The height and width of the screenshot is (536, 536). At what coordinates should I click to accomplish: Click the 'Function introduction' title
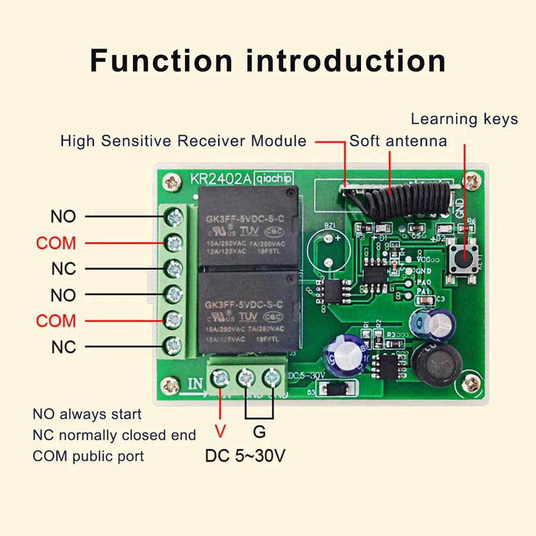point(268,61)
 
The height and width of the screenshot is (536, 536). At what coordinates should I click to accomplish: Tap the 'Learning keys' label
point(464,119)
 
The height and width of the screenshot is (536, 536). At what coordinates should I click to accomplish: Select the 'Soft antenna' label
point(398,141)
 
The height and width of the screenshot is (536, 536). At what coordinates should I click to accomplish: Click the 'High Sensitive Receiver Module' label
point(183,141)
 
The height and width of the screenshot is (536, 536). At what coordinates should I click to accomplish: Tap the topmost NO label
point(63,217)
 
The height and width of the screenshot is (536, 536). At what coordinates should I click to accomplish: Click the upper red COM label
point(56,243)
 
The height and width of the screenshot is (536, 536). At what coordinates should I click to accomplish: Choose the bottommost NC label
point(64,347)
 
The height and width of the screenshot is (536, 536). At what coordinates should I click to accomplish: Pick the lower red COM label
point(56,321)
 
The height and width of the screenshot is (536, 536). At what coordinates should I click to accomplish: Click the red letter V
point(221,432)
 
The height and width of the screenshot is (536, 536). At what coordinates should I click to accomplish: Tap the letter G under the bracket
point(259,432)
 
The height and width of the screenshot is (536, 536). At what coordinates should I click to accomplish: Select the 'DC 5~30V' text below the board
point(245,456)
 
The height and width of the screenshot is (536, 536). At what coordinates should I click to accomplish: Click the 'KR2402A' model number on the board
point(221,179)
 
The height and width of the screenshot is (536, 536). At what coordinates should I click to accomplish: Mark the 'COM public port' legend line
point(88,456)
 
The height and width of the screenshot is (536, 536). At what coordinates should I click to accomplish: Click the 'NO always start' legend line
point(87,414)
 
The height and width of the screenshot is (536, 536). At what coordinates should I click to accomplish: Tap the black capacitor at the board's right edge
point(436,362)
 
